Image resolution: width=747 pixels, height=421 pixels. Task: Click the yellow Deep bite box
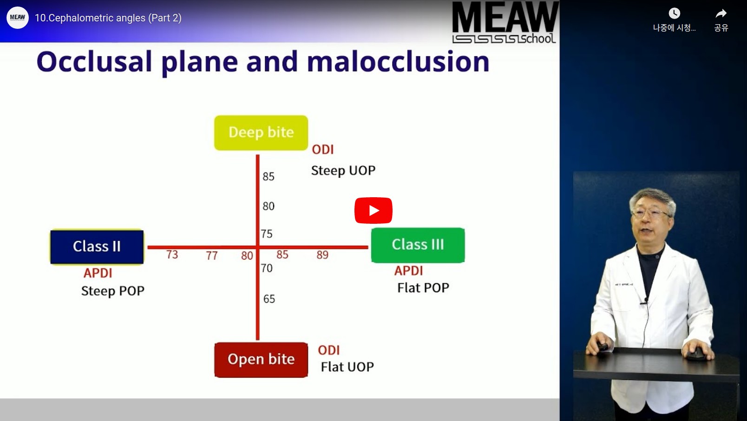pyautogui.click(x=261, y=133)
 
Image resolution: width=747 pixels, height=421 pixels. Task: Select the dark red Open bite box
pyautogui.click(x=261, y=360)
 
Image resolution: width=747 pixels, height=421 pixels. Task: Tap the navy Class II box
pyautogui.click(x=97, y=247)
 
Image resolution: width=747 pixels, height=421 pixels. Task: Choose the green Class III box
pyautogui.click(x=418, y=245)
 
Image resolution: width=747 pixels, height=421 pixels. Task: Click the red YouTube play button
pyautogui.click(x=373, y=211)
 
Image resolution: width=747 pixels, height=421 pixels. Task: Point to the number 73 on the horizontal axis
pyautogui.click(x=172, y=255)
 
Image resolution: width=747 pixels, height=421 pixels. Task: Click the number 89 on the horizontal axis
pyautogui.click(x=322, y=255)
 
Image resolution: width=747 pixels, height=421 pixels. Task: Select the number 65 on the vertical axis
pyautogui.click(x=269, y=299)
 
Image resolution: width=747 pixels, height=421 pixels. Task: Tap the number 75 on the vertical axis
pyautogui.click(x=267, y=234)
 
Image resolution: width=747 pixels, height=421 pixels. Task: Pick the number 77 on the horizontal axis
pyautogui.click(x=212, y=256)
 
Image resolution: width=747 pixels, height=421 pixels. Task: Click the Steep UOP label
pyautogui.click(x=343, y=171)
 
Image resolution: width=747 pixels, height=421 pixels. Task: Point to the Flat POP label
pyautogui.click(x=423, y=288)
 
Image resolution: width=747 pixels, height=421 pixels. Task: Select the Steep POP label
pyautogui.click(x=113, y=291)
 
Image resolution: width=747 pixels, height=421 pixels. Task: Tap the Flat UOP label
pyautogui.click(x=347, y=367)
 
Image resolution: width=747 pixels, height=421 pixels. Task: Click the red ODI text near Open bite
pyautogui.click(x=329, y=350)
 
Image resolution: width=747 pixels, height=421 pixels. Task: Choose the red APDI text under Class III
pyautogui.click(x=408, y=271)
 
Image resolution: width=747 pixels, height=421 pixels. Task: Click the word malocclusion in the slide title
pyautogui.click(x=398, y=61)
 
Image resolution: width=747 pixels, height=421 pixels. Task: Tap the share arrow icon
pyautogui.click(x=721, y=13)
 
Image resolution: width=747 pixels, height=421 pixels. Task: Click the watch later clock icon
pyautogui.click(x=675, y=13)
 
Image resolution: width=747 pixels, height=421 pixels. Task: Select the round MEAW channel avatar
pyautogui.click(x=17, y=17)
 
